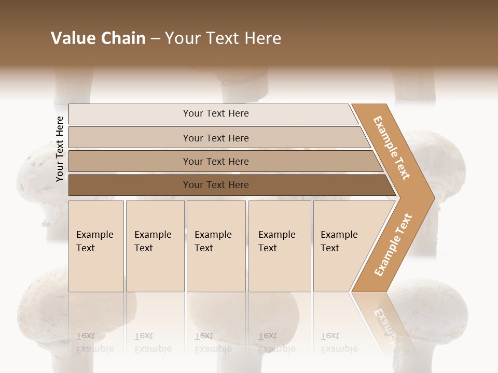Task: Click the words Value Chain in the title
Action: (x=98, y=38)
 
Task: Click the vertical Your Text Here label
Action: (x=60, y=149)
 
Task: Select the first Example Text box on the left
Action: (x=96, y=246)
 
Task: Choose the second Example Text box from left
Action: (x=155, y=246)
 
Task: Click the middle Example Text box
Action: (x=216, y=246)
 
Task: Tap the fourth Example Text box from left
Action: (x=280, y=246)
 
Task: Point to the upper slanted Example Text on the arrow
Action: (x=392, y=148)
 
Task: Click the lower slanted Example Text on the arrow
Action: (x=393, y=245)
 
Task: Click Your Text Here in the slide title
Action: (x=223, y=38)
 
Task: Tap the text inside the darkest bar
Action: (x=216, y=185)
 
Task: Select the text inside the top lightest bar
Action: (x=216, y=113)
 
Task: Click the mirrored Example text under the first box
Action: (x=95, y=343)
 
